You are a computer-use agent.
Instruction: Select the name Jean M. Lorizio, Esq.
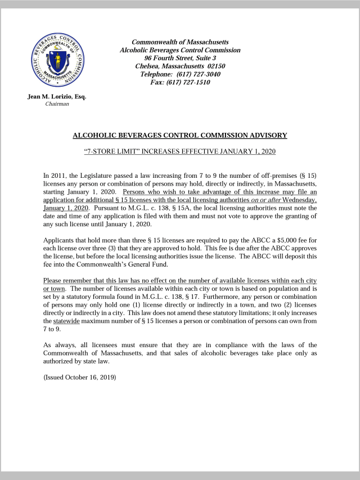57,97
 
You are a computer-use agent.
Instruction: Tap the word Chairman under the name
57,104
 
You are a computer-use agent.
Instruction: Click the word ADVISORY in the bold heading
266,135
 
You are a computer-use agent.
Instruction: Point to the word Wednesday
299,200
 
